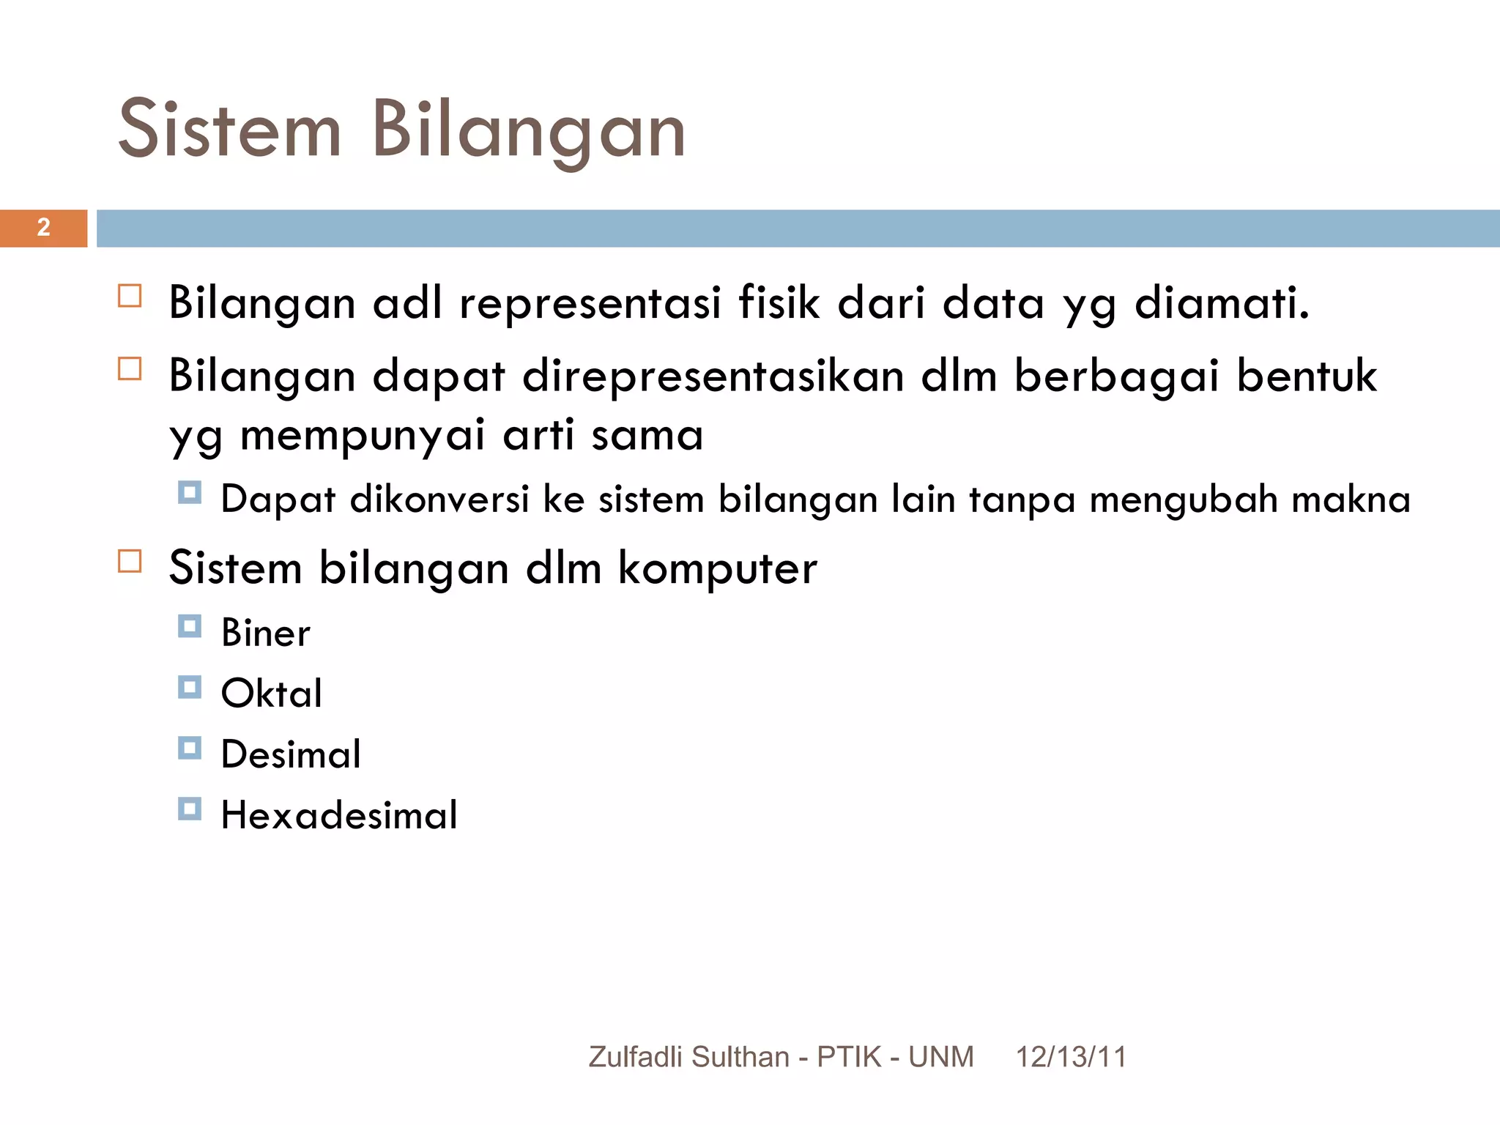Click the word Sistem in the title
point(229,130)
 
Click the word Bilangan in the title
point(528,130)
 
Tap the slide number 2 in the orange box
point(44,228)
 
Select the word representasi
point(590,302)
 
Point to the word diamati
point(1221,302)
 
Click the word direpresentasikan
point(713,376)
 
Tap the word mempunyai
point(362,435)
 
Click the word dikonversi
point(439,500)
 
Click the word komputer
point(717,568)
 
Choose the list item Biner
point(266,633)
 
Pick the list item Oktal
point(272,694)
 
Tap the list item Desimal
point(291,754)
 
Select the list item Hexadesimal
point(339,815)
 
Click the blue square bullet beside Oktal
point(190,688)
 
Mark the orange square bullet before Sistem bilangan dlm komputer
point(130,562)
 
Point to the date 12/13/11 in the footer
point(1071,1057)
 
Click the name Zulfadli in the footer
point(636,1057)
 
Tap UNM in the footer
point(941,1057)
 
